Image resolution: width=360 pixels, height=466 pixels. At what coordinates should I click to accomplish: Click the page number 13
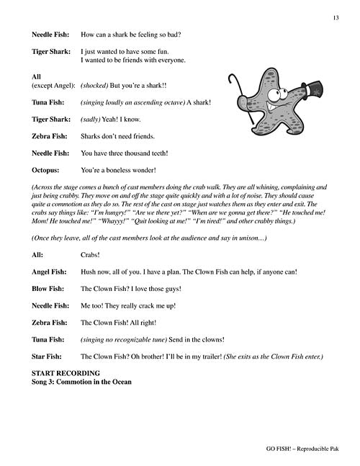coord(336,17)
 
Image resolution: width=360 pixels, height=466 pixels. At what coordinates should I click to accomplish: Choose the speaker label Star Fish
coord(48,358)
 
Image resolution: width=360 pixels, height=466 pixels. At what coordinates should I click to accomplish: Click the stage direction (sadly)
coord(93,119)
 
